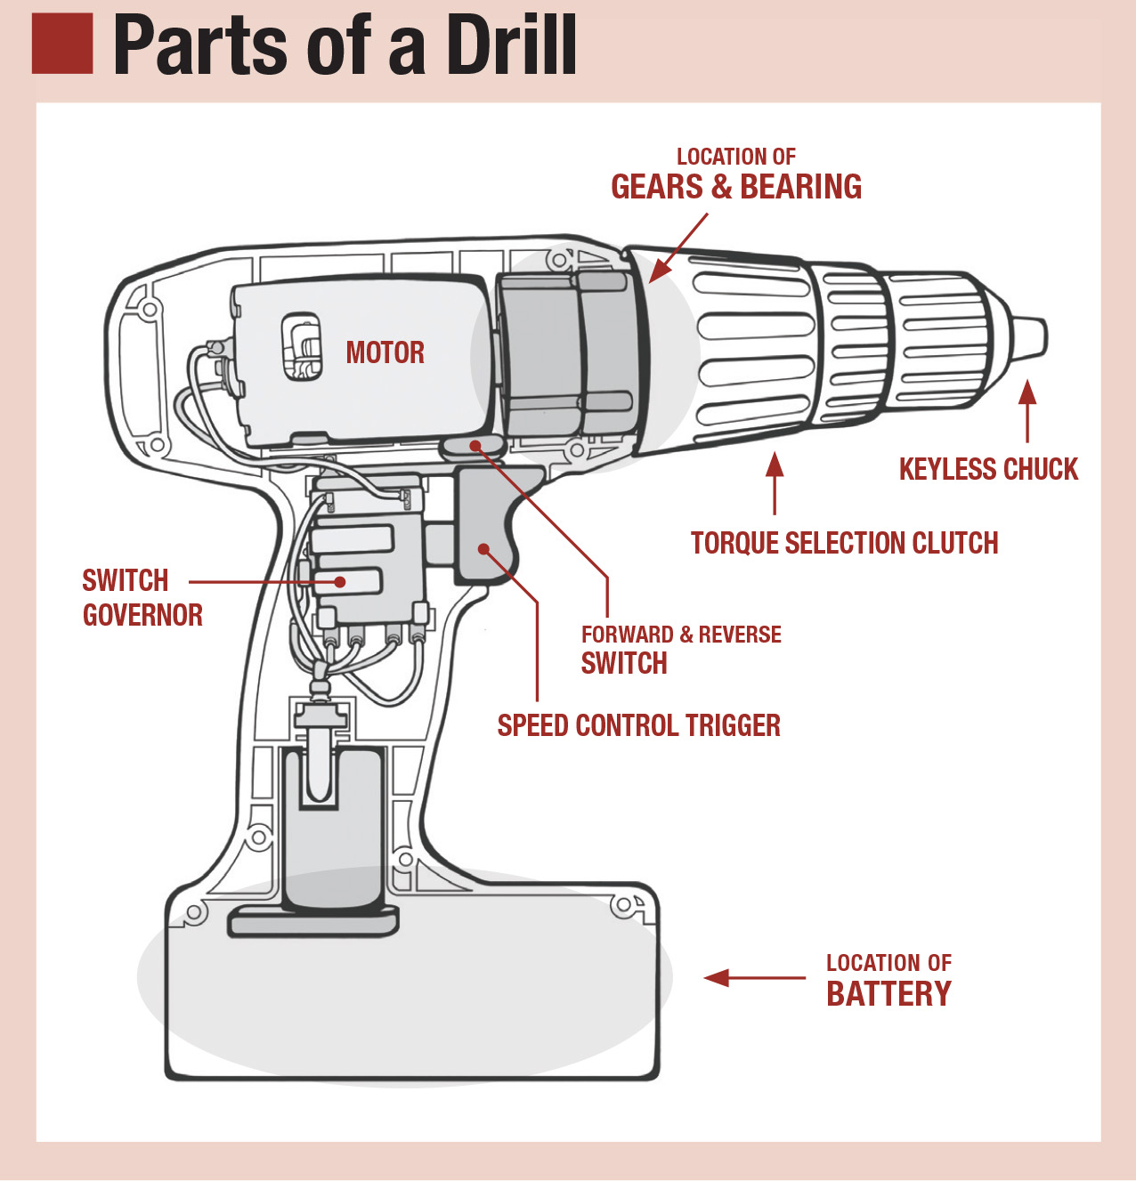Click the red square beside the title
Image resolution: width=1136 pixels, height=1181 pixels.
point(62,44)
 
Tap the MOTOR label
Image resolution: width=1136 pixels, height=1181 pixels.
point(385,352)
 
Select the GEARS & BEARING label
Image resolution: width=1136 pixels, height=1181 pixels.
point(735,187)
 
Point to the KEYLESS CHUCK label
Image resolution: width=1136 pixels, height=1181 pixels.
point(988,469)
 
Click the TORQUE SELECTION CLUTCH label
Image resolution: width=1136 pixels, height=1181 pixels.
point(844,543)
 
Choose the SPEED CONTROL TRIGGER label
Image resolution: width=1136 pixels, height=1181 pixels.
point(638,725)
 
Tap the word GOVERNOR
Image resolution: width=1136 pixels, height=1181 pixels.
point(142,615)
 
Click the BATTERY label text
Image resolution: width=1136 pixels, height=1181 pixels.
point(889,993)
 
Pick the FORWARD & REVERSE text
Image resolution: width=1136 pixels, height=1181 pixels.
point(681,635)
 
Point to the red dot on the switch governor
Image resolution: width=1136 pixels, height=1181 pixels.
point(340,582)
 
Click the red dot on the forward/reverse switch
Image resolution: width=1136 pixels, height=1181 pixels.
point(475,445)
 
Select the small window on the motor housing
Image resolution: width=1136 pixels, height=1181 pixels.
point(302,346)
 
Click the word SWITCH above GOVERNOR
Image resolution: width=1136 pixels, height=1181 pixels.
point(126,580)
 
